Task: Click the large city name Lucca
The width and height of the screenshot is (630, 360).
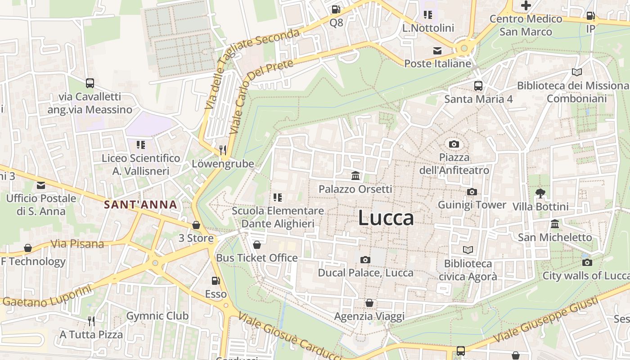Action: (x=386, y=218)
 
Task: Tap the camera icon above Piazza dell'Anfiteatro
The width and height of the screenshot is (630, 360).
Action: (x=454, y=144)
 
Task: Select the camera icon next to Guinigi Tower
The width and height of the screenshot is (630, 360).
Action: (x=472, y=192)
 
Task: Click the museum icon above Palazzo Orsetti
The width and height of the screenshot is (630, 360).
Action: (x=355, y=175)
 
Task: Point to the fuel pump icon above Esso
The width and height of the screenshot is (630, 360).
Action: (x=216, y=281)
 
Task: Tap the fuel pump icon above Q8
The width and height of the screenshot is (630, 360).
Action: (x=336, y=9)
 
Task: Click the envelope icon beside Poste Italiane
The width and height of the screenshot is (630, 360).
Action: (x=437, y=51)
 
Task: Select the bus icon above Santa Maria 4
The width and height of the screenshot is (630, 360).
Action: (x=478, y=85)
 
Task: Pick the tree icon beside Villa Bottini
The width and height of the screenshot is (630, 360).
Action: (x=540, y=193)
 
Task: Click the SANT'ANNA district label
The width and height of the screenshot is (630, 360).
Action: (x=140, y=205)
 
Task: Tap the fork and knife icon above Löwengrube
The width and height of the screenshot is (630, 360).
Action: (x=223, y=150)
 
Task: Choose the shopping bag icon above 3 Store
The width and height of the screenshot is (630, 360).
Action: (x=196, y=225)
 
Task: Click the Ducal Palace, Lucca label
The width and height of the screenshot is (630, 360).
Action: (x=365, y=273)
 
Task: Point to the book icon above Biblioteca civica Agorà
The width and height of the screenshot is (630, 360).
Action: (x=468, y=250)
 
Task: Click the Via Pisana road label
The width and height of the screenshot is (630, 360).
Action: (x=77, y=244)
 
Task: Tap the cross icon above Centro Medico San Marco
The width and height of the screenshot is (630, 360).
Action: (x=526, y=5)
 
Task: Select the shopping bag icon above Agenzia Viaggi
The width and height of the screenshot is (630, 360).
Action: (x=369, y=303)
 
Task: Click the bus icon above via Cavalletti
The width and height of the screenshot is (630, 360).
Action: (x=90, y=83)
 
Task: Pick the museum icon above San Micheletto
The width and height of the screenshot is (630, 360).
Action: (x=555, y=224)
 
